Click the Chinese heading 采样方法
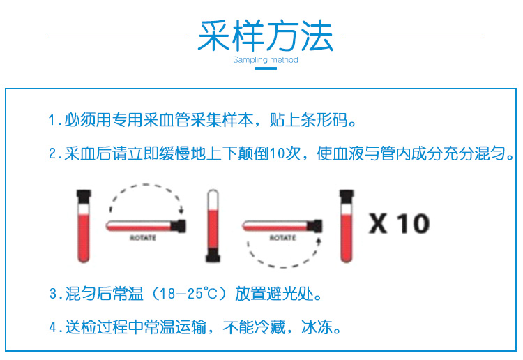[x=266, y=36]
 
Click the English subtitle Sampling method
[x=266, y=60]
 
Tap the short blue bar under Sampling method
[x=266, y=68]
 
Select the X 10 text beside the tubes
[x=399, y=223]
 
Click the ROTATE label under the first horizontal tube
[x=143, y=238]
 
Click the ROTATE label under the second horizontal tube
[x=283, y=238]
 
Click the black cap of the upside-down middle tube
[x=213, y=255]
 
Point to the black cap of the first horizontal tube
[x=179, y=226]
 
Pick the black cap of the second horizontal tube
[x=315, y=226]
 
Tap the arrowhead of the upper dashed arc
[x=181, y=211]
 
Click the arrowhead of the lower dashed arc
[x=319, y=241]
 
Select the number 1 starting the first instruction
[x=52, y=120]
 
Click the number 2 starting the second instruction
[x=53, y=153]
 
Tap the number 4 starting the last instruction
[x=53, y=327]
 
